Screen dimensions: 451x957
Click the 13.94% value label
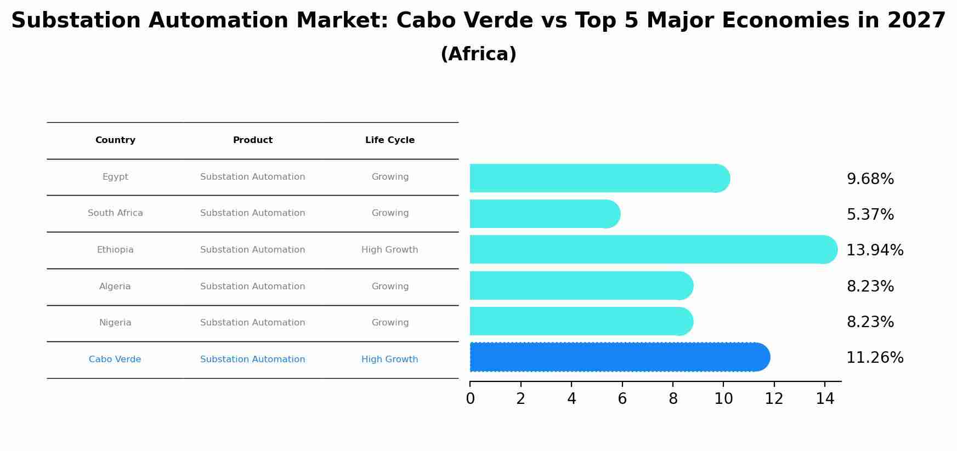click(875, 250)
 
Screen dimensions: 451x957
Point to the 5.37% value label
click(870, 215)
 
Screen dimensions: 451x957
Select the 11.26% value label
click(875, 358)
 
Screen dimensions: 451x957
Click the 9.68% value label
click(870, 179)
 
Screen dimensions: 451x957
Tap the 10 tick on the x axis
click(723, 399)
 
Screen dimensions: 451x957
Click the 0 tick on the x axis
click(470, 399)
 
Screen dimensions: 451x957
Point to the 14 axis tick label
click(825, 399)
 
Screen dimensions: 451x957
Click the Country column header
click(115, 140)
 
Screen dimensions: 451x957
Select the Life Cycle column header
click(390, 140)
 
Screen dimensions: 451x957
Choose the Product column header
click(253, 140)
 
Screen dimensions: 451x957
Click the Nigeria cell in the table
click(115, 323)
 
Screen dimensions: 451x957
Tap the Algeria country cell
click(115, 287)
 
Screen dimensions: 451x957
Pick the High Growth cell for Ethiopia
click(390, 250)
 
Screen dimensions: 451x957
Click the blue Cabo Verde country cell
click(115, 359)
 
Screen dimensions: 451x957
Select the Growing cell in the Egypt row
click(390, 177)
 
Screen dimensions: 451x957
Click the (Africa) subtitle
click(478, 54)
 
